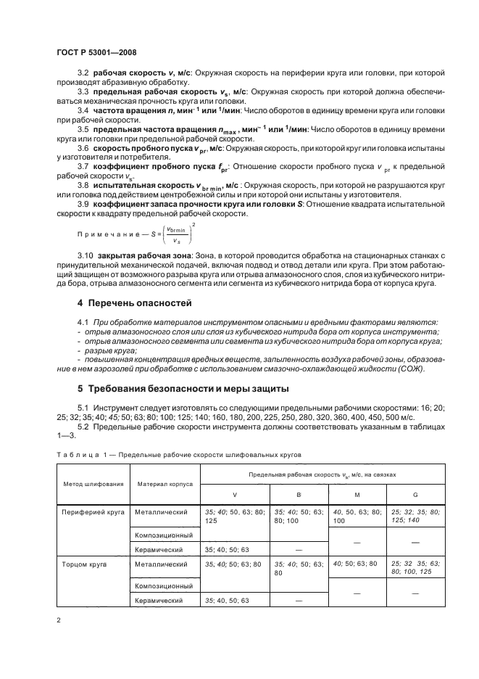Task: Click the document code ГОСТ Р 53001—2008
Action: point(96,52)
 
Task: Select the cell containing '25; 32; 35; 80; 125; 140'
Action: point(415,516)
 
